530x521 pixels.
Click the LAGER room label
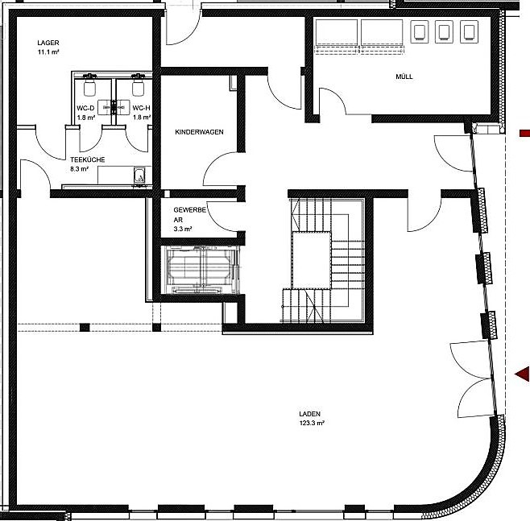[48, 42]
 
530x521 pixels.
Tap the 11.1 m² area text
[50, 52]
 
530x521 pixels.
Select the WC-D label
[87, 107]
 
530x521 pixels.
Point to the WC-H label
[142, 107]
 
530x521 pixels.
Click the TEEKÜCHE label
[87, 159]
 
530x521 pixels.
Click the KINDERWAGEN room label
[199, 131]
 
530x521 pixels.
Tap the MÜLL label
[404, 77]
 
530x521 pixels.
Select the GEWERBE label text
[190, 209]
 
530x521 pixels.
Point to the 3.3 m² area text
[183, 229]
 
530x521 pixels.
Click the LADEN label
[309, 414]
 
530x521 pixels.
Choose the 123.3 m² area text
[309, 424]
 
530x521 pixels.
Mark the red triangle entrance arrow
[523, 373]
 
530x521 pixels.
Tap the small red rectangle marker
[524, 132]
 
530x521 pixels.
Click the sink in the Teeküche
[139, 175]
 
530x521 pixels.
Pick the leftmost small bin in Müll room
[420, 31]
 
